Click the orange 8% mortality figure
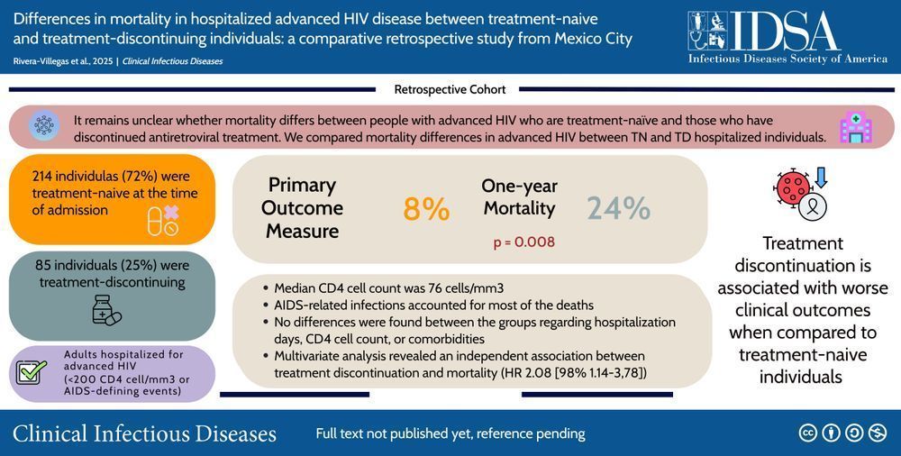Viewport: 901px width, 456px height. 425,209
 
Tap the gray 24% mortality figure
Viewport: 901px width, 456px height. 618,208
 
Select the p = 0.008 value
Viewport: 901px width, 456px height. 523,242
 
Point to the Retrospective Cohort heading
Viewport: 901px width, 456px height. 450,89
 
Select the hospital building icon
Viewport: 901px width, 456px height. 855,128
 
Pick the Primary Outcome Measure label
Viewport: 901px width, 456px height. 302,208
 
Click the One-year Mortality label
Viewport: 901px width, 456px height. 519,197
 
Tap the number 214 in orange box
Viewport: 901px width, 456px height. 45,176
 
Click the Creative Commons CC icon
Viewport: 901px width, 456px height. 807,433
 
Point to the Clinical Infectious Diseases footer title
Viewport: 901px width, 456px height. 144,433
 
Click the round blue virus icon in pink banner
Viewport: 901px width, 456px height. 42,126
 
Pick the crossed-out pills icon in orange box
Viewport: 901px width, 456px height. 163,219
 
